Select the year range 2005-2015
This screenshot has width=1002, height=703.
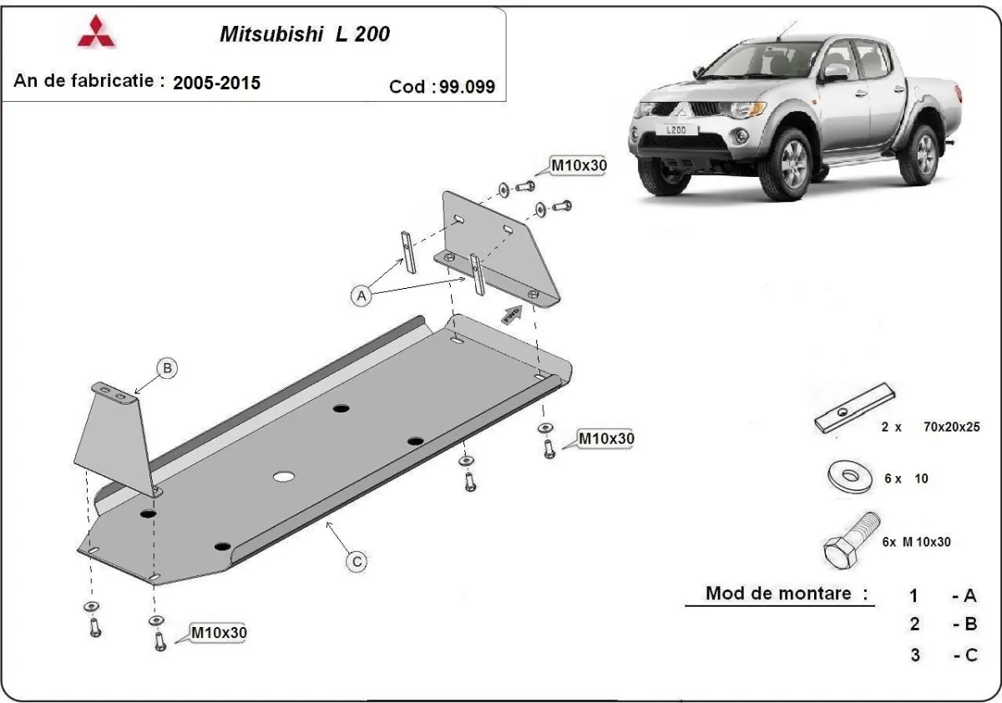pyautogui.click(x=216, y=83)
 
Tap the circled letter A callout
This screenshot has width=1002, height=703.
pyautogui.click(x=361, y=295)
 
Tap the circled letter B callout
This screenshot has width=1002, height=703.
pyautogui.click(x=168, y=367)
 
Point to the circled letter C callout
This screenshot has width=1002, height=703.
pyautogui.click(x=357, y=562)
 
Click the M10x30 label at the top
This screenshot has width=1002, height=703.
pyautogui.click(x=578, y=165)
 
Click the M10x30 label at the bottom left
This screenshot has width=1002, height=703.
pyautogui.click(x=219, y=633)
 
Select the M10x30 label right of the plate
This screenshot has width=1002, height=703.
pyautogui.click(x=606, y=438)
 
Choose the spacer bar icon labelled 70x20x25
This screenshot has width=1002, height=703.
pyautogui.click(x=855, y=409)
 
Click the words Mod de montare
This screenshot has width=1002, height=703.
pyautogui.click(x=787, y=594)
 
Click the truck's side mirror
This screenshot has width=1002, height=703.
pyautogui.click(x=835, y=73)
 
